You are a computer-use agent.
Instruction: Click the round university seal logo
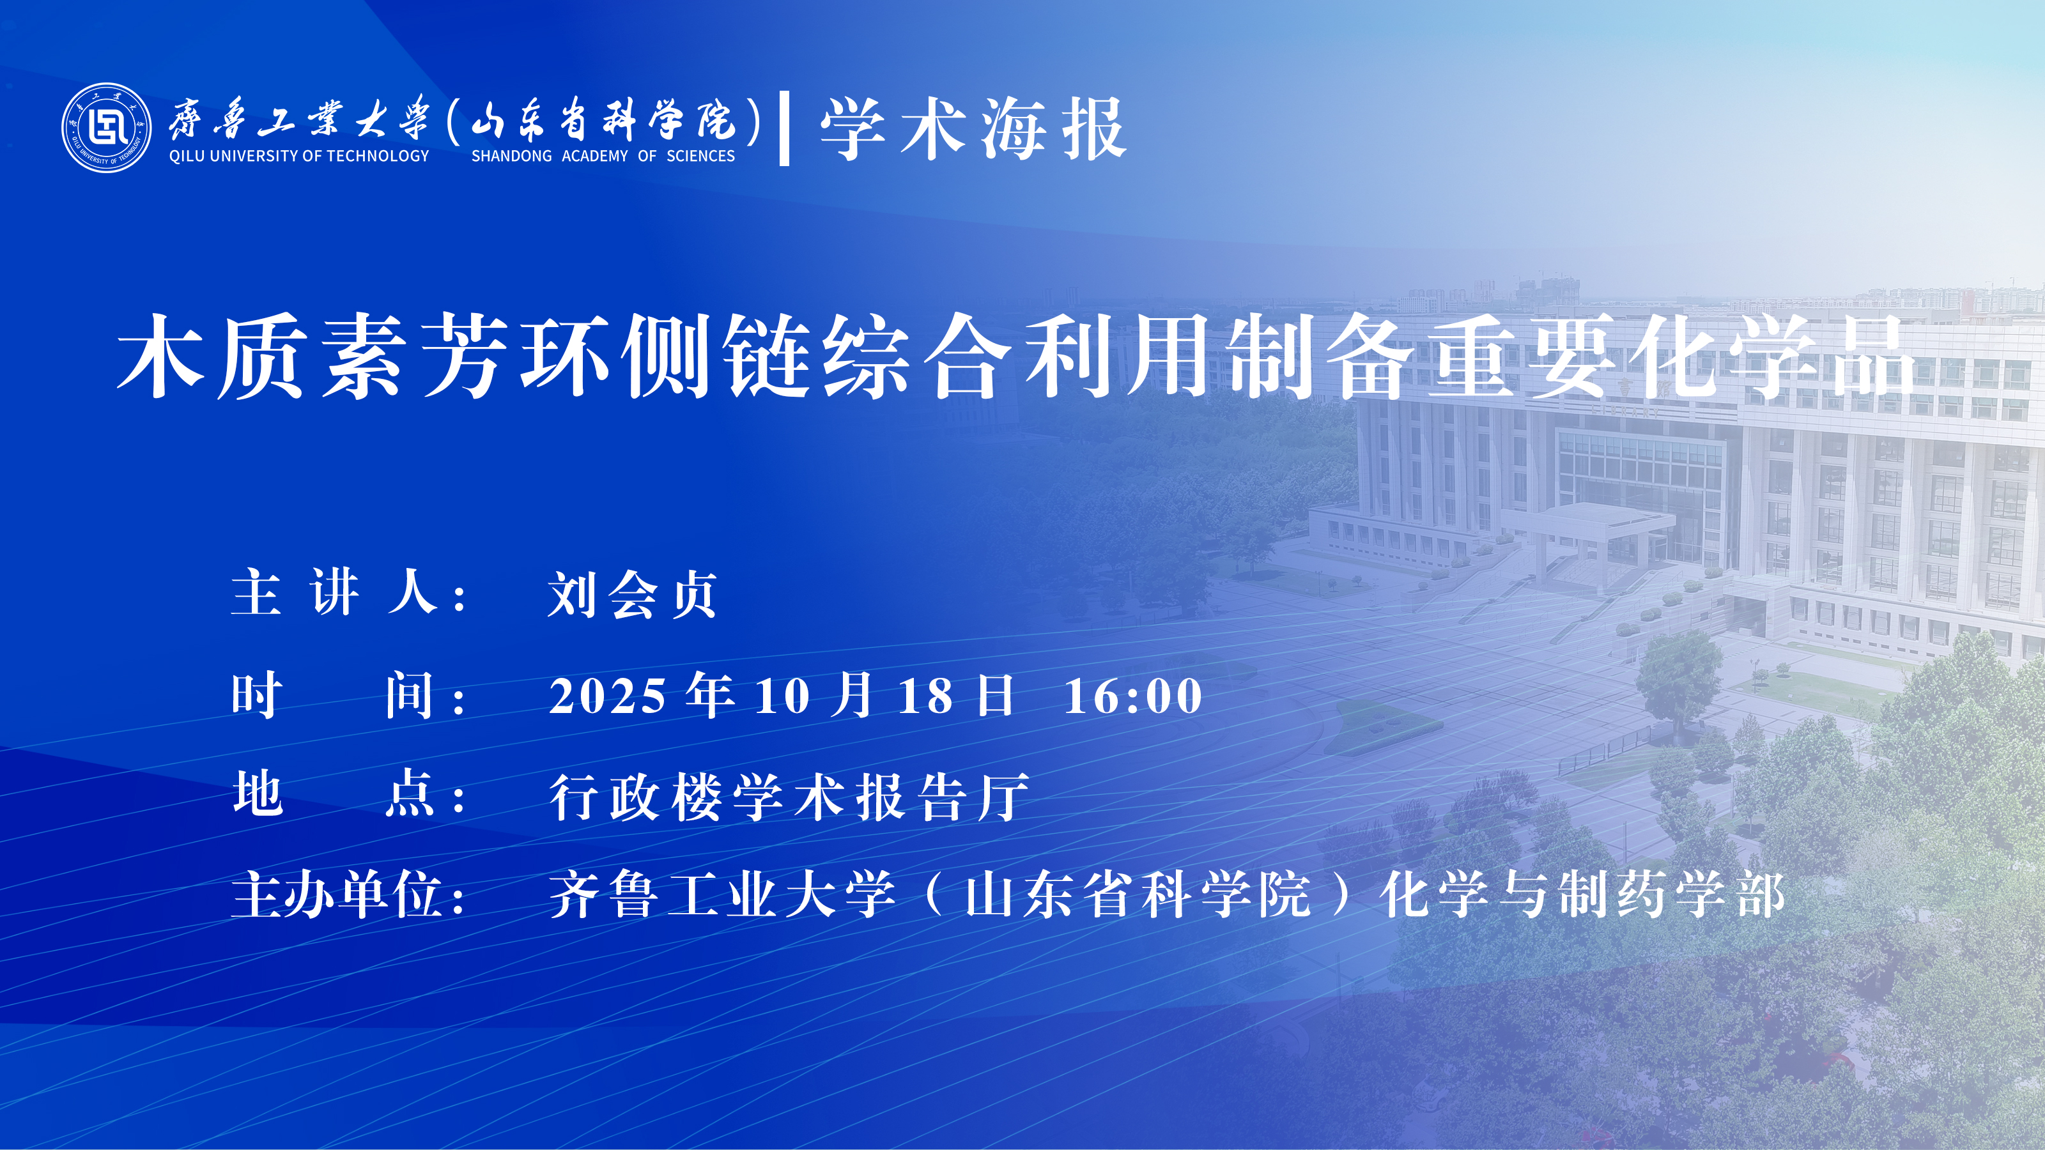(106, 128)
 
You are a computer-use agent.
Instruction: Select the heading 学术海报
(973, 129)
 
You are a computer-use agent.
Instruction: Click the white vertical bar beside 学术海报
(784, 128)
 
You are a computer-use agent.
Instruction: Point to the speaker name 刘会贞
(633, 594)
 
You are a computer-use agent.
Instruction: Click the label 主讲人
(334, 592)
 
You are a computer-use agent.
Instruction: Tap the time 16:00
(1133, 696)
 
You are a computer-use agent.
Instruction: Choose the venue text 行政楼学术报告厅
(789, 797)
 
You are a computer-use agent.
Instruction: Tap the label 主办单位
(337, 894)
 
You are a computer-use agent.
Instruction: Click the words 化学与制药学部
(1583, 894)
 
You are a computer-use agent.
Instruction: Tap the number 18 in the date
(925, 696)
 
